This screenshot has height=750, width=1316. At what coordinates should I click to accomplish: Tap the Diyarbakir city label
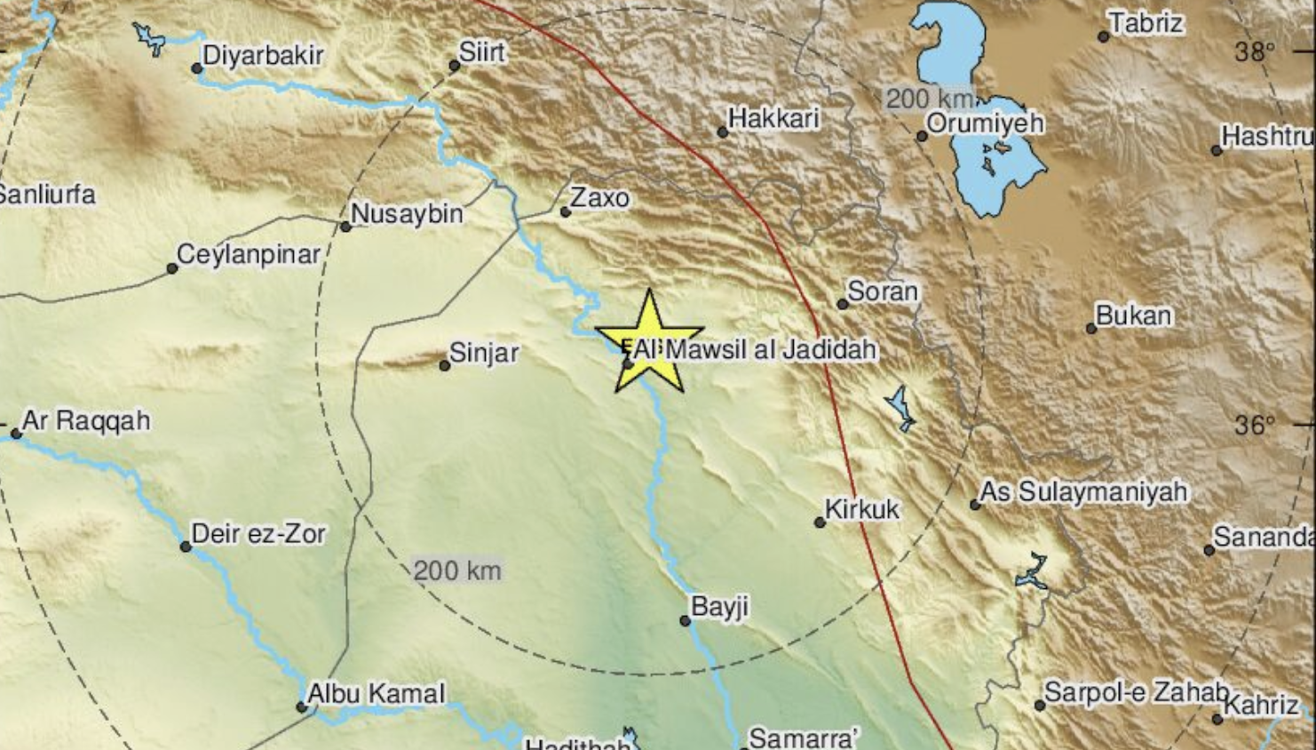[x=263, y=55]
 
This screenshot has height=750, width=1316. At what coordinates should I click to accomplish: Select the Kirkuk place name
[x=862, y=509]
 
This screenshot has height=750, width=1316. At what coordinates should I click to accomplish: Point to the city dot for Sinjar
[x=445, y=365]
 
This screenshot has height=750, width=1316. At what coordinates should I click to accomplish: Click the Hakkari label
[x=773, y=118]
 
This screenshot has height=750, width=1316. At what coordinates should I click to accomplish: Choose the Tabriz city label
[x=1146, y=23]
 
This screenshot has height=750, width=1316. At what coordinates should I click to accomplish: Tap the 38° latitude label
[x=1254, y=52]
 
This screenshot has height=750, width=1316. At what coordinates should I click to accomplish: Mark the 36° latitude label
[x=1254, y=425]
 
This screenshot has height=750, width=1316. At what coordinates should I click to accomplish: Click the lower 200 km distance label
[x=457, y=570]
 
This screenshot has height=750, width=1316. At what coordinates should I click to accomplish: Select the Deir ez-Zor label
[x=259, y=533]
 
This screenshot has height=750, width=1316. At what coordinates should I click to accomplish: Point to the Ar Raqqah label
[x=86, y=420]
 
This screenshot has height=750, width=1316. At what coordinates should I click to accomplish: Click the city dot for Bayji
[x=686, y=621]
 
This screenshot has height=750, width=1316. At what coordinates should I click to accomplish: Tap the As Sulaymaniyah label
[x=1083, y=491]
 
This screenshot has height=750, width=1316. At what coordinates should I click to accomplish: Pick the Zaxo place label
[x=599, y=197]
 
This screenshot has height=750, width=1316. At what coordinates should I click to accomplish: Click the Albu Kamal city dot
[x=302, y=707]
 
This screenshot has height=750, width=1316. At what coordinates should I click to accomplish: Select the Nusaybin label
[x=408, y=213]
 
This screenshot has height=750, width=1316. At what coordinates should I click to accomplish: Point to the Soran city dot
[x=843, y=304]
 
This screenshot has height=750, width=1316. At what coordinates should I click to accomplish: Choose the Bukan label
[x=1133, y=315]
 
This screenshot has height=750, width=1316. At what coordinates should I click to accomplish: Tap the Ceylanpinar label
[x=249, y=255]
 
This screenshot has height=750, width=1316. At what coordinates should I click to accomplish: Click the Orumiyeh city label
[x=986, y=123]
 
